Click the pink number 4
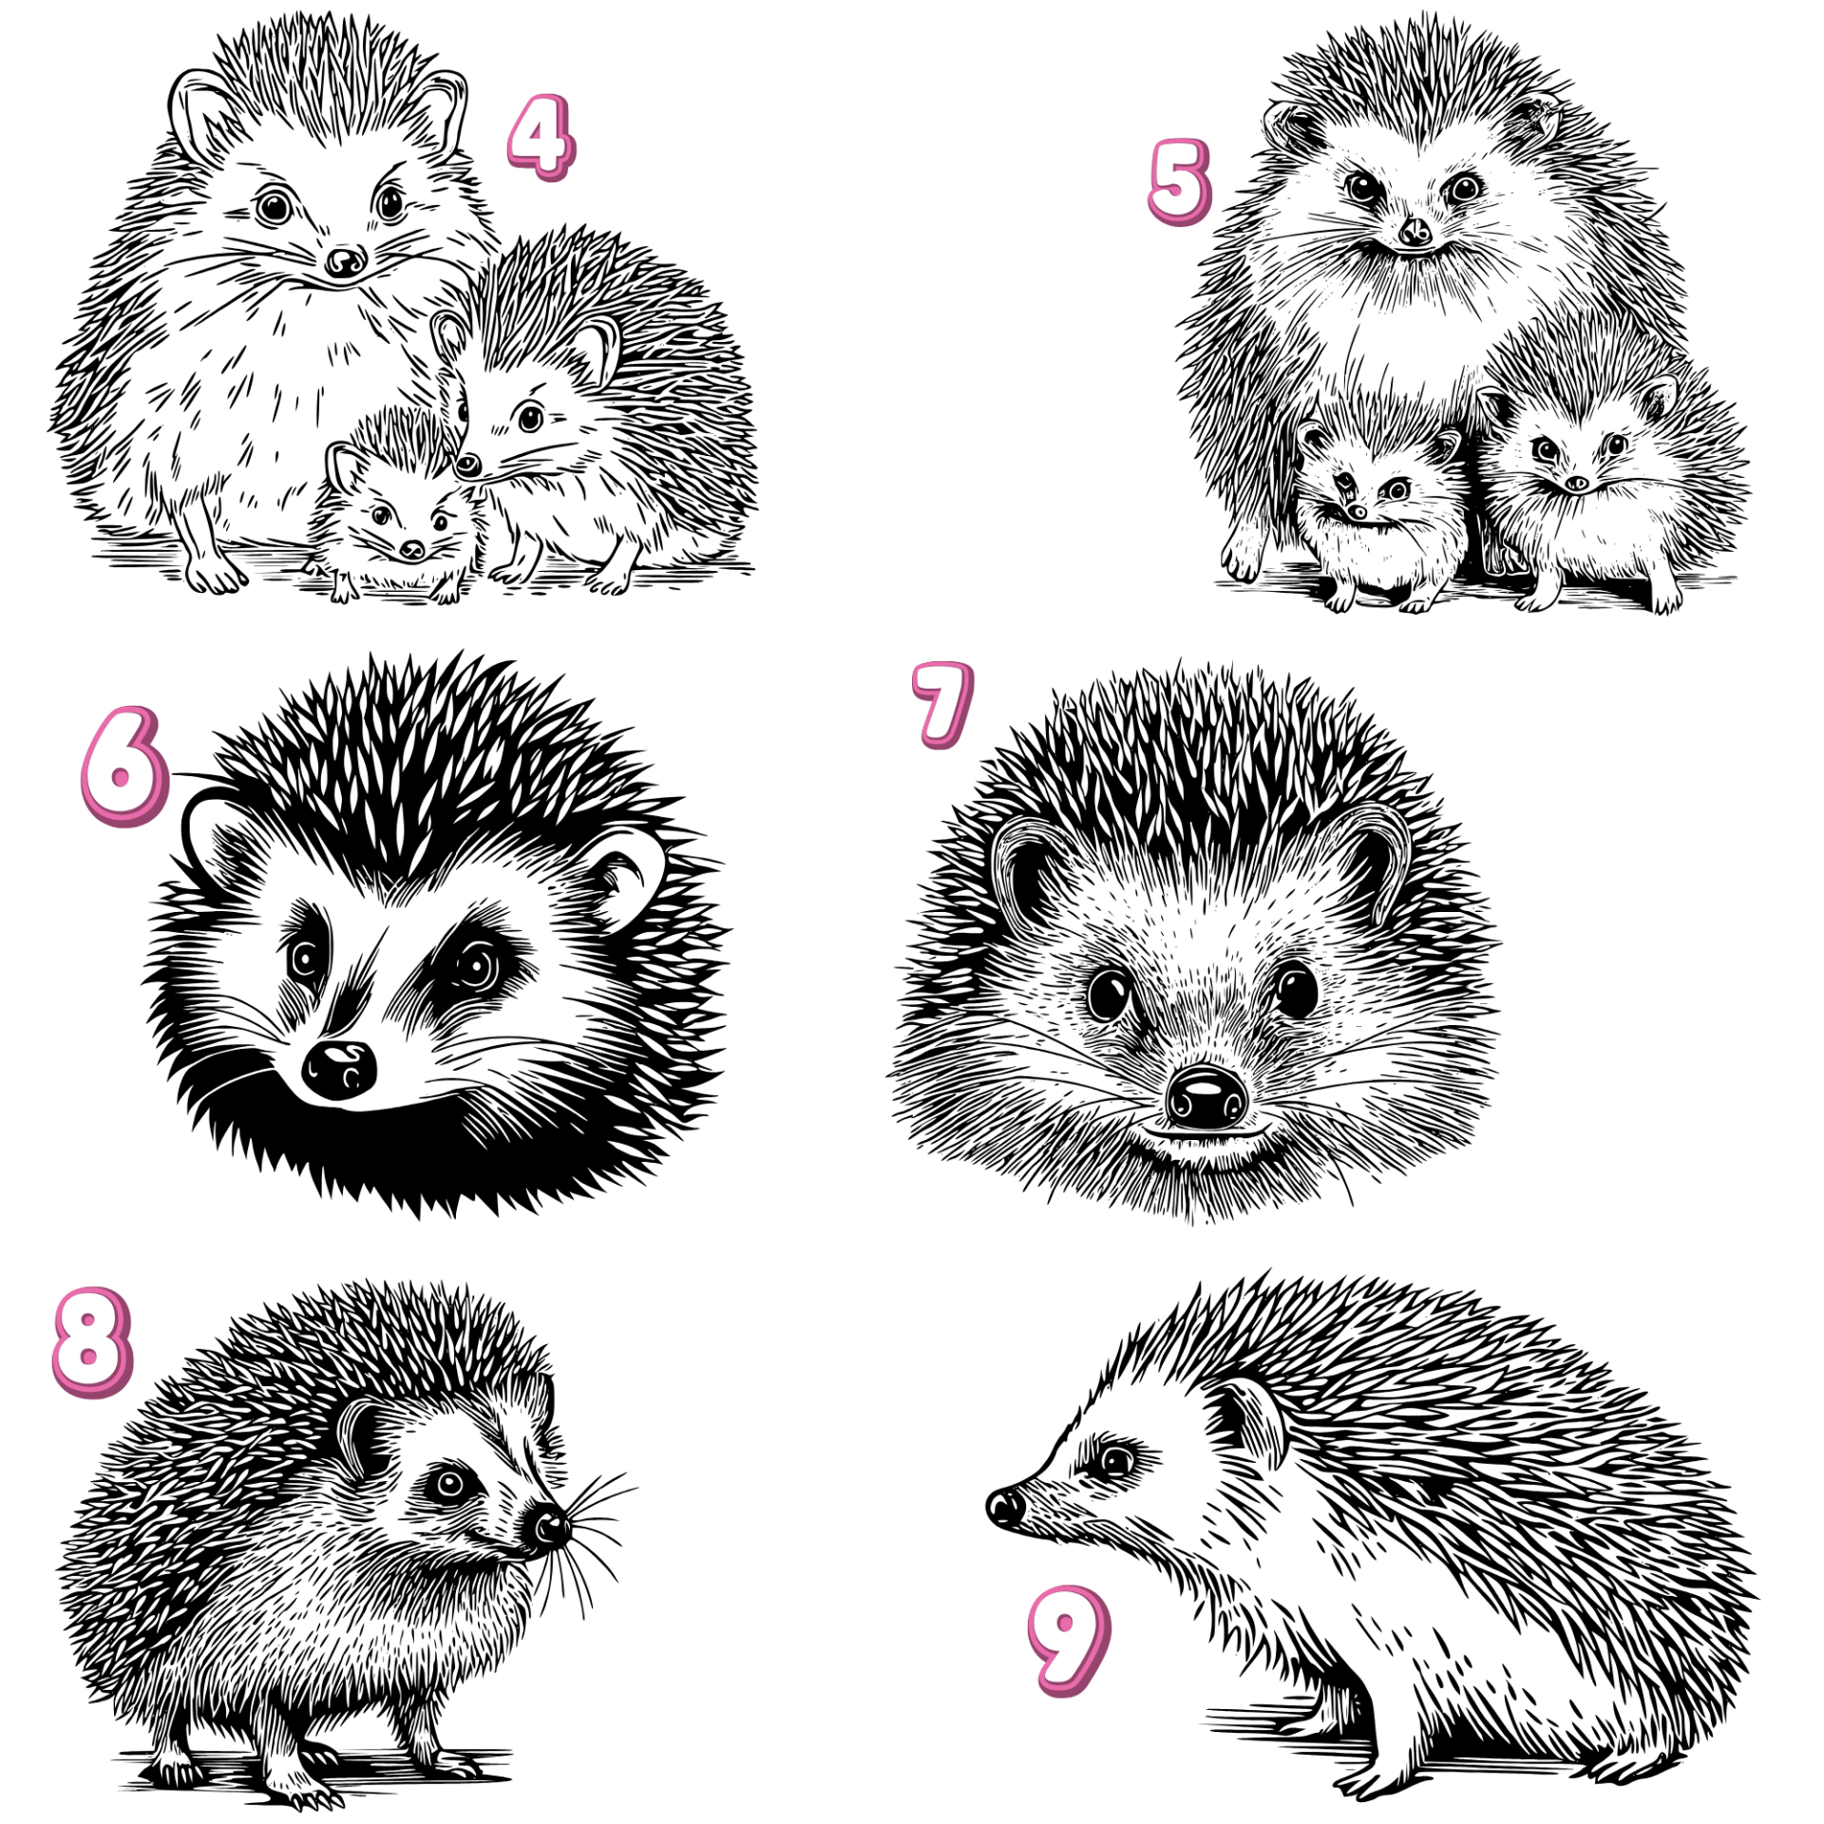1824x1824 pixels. (541, 138)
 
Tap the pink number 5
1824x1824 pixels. (1179, 181)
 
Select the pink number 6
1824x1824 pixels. (124, 766)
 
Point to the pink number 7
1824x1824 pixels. (942, 705)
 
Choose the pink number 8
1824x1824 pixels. (92, 1342)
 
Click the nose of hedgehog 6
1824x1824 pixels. (338, 1070)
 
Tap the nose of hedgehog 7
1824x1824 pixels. (1206, 1096)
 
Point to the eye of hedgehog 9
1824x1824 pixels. (1115, 1460)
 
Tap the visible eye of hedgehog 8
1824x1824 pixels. (447, 1482)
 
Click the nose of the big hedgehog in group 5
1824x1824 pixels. (1415, 231)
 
